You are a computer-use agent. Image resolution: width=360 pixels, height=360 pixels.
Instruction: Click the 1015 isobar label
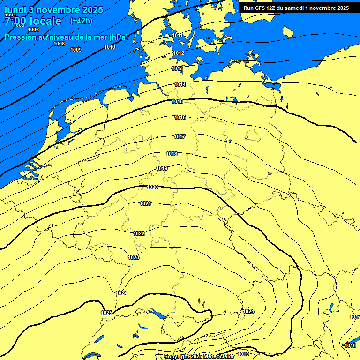pyautogui.click(x=177, y=101)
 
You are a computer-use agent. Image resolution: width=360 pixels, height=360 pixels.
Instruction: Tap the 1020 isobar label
pyautogui.click(x=152, y=187)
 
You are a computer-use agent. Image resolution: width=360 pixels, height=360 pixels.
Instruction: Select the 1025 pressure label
pyautogui.click(x=106, y=312)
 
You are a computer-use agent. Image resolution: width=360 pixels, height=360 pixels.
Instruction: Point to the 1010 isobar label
pyautogui.click(x=110, y=47)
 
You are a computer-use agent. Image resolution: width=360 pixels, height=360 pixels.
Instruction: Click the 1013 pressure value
pyautogui.click(x=177, y=69)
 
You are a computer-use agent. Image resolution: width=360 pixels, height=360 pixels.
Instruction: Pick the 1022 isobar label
pyautogui.click(x=139, y=233)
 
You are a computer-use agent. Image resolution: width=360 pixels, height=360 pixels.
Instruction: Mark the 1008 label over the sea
pyautogui.click(x=59, y=44)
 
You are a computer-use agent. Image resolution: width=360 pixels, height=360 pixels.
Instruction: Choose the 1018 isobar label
pyautogui.click(x=172, y=154)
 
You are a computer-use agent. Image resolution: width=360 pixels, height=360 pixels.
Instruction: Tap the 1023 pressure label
pyautogui.click(x=134, y=257)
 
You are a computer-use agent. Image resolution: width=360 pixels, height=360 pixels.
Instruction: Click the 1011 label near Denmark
pyautogui.click(x=177, y=35)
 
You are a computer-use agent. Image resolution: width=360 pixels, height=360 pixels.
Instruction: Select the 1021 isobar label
pyautogui.click(x=145, y=203)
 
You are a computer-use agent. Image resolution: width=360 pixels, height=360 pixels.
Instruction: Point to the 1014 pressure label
pyautogui.click(x=180, y=84)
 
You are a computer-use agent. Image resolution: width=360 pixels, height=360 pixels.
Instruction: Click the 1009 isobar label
pyautogui.click(x=76, y=50)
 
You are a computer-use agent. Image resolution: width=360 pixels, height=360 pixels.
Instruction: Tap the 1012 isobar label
pyautogui.click(x=179, y=53)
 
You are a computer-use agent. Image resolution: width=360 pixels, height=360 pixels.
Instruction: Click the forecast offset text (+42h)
pyautogui.click(x=81, y=21)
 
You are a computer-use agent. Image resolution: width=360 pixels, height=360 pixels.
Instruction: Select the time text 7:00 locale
pyautogui.click(x=33, y=21)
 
